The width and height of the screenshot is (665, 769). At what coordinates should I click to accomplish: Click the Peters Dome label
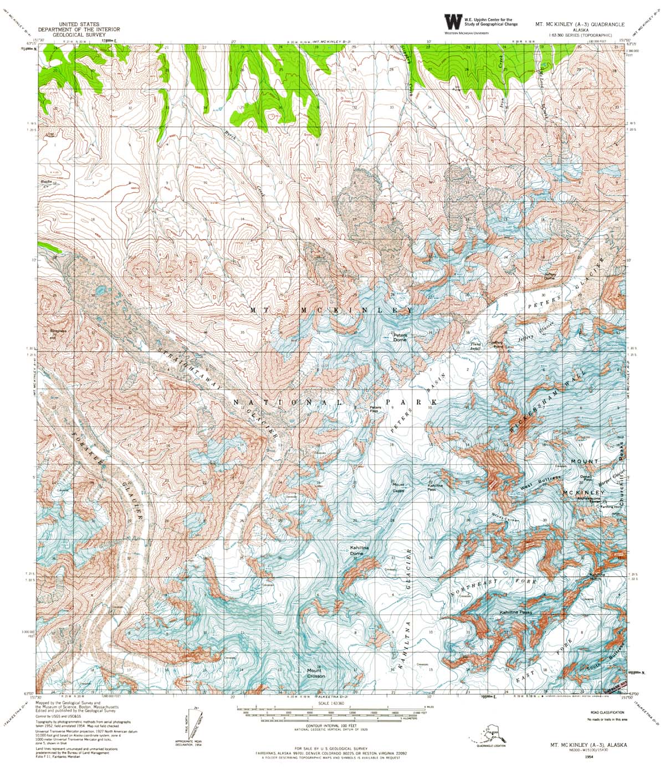pyautogui.click(x=400, y=337)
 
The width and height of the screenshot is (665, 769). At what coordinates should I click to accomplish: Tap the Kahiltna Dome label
pyautogui.click(x=360, y=550)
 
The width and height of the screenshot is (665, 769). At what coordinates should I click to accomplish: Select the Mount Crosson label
pyautogui.click(x=316, y=674)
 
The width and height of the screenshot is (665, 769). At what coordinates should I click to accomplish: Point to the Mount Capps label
pyautogui.click(x=398, y=488)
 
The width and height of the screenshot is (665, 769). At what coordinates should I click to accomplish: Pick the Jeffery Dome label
pyautogui.click(x=549, y=275)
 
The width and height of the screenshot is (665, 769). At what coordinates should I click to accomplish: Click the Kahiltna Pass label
pyautogui.click(x=434, y=488)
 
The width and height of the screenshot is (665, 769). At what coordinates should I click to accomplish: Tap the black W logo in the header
pyautogui.click(x=453, y=22)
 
